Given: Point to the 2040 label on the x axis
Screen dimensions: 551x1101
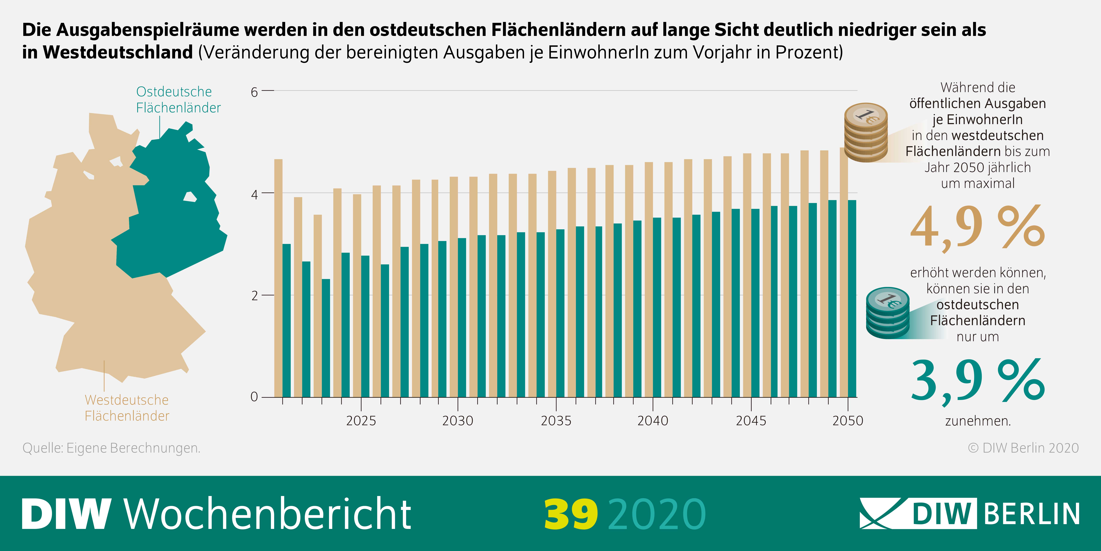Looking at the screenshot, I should (653, 421).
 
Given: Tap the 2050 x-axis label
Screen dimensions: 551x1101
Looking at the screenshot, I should (848, 421).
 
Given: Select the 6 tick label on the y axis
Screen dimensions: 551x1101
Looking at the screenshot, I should (254, 92).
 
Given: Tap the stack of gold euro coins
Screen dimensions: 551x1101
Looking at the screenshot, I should (865, 133).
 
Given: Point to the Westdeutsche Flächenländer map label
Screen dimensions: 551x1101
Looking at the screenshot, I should (127, 408).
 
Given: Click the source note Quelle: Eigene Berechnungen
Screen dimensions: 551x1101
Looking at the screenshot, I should (111, 448).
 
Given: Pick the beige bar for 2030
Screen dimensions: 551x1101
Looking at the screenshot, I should (453, 287).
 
